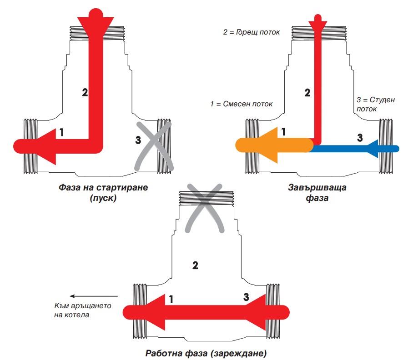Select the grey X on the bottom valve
tap(206, 208)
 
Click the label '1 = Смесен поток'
tap(242, 104)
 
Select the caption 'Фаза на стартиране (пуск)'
tap(104, 193)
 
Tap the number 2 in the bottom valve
tap(195, 265)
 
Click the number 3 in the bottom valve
tap(246, 297)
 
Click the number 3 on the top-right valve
tap(359, 137)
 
